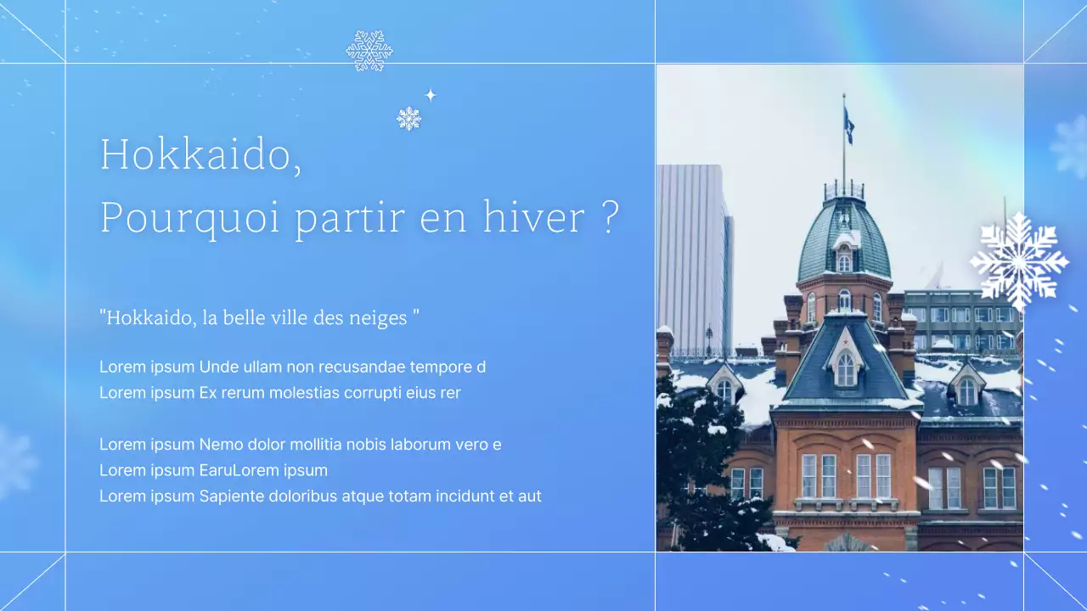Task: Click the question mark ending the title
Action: click(610, 217)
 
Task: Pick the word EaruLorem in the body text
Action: click(234, 470)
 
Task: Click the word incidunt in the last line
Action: click(465, 496)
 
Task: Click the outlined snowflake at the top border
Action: click(369, 51)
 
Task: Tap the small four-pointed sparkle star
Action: click(431, 95)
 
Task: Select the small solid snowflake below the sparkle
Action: click(408, 119)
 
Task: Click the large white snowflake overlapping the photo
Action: click(1018, 260)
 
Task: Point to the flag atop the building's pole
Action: click(848, 126)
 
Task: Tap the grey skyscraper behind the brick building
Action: click(692, 255)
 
